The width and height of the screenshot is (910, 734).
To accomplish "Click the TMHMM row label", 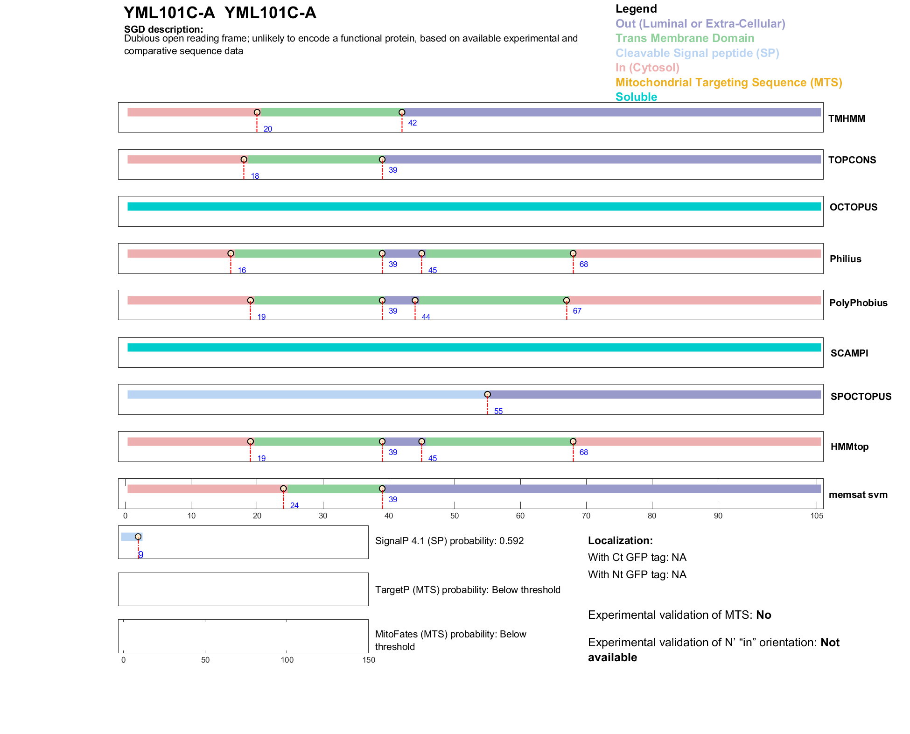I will pyautogui.click(x=846, y=119).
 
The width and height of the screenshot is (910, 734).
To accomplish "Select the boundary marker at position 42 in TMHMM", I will pyautogui.click(x=402, y=112).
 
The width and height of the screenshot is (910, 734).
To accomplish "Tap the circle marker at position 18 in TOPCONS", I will pyautogui.click(x=244, y=160).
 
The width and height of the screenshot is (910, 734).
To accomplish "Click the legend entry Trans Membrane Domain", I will pyautogui.click(x=685, y=38).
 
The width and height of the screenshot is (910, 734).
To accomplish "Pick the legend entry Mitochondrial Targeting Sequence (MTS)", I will pyautogui.click(x=728, y=83).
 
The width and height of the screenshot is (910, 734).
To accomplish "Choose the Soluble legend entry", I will pyautogui.click(x=636, y=97).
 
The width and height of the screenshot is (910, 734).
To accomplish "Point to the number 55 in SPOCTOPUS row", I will pyautogui.click(x=498, y=411).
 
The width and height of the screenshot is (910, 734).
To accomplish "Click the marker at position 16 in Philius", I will pyautogui.click(x=231, y=253).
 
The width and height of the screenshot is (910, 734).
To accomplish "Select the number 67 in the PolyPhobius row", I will pyautogui.click(x=577, y=311).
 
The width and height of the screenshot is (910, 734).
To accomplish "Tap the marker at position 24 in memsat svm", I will pyautogui.click(x=283, y=489).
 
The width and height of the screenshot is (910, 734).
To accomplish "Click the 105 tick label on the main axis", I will pyautogui.click(x=816, y=516).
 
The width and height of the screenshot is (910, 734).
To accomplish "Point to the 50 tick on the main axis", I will pyautogui.click(x=455, y=516).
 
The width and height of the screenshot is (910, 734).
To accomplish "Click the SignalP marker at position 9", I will pyautogui.click(x=138, y=537).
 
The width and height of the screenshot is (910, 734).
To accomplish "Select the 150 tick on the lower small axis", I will pyautogui.click(x=369, y=660).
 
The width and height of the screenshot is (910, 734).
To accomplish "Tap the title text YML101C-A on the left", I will pyautogui.click(x=169, y=13).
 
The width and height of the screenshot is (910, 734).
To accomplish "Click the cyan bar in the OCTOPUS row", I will pyautogui.click(x=474, y=206).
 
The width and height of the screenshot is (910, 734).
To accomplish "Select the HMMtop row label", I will pyautogui.click(x=849, y=447).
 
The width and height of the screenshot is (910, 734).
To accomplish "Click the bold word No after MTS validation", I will pyautogui.click(x=763, y=615).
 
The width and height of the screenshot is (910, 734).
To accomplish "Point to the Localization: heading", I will pyautogui.click(x=620, y=540).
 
